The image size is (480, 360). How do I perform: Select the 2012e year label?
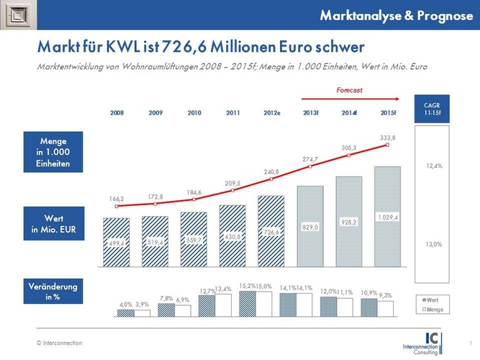(x=272, y=114)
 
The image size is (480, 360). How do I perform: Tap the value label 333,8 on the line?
(x=388, y=137)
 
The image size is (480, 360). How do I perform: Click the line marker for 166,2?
(x=117, y=207)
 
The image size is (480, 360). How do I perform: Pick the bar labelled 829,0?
(x=310, y=226)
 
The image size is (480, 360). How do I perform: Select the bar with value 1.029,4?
(x=388, y=217)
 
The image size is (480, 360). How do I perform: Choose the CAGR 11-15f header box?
(x=433, y=109)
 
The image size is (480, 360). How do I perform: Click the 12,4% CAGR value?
(x=434, y=166)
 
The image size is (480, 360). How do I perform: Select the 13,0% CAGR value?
(x=434, y=244)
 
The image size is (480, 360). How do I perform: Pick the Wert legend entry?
(x=433, y=297)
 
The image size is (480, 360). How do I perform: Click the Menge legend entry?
(x=434, y=309)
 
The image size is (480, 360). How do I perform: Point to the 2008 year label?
(x=117, y=114)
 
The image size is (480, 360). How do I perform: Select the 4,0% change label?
(x=126, y=305)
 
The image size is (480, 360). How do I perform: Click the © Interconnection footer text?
(x=60, y=343)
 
